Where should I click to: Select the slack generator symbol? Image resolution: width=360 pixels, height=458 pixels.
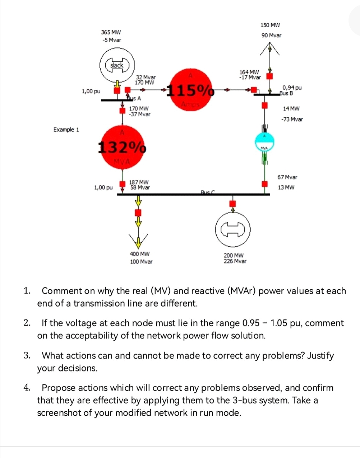pos(117,66)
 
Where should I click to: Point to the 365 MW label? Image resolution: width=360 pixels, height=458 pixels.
pos(111,32)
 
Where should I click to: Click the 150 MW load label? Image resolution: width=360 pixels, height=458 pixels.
pos(270,25)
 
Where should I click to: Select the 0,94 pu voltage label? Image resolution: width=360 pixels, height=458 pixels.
pos(292,88)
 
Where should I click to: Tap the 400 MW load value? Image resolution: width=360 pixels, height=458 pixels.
pos(139,254)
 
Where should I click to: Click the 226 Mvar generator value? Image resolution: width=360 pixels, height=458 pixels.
pos(235,261)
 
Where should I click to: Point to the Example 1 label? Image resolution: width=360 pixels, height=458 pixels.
pos(66,130)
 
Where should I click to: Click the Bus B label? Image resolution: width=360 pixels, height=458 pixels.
pos(286,93)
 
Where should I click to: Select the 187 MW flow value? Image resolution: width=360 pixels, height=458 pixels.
pos(139,182)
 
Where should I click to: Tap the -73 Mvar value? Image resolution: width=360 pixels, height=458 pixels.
pos(292,119)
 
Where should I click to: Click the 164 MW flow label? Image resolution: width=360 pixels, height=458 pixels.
pos(249,72)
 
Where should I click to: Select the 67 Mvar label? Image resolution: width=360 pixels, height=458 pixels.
pos(287,177)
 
